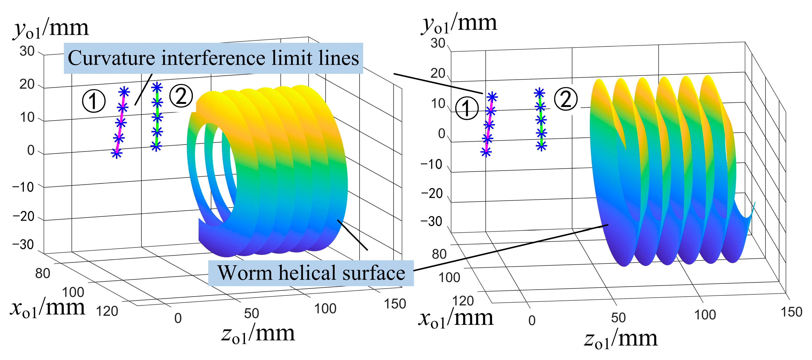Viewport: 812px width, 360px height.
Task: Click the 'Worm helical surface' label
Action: (311, 273)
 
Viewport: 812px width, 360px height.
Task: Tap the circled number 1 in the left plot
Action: (94, 101)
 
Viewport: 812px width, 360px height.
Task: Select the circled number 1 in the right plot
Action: (467, 108)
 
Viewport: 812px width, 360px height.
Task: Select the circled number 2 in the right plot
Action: (566, 99)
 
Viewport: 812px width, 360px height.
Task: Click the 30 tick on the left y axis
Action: (27, 51)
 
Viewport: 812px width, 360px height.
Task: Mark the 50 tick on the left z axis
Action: (252, 313)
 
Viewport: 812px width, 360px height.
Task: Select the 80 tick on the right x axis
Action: (439, 254)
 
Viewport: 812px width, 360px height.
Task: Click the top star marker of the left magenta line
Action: (124, 92)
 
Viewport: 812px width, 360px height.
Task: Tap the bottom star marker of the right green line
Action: (541, 146)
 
